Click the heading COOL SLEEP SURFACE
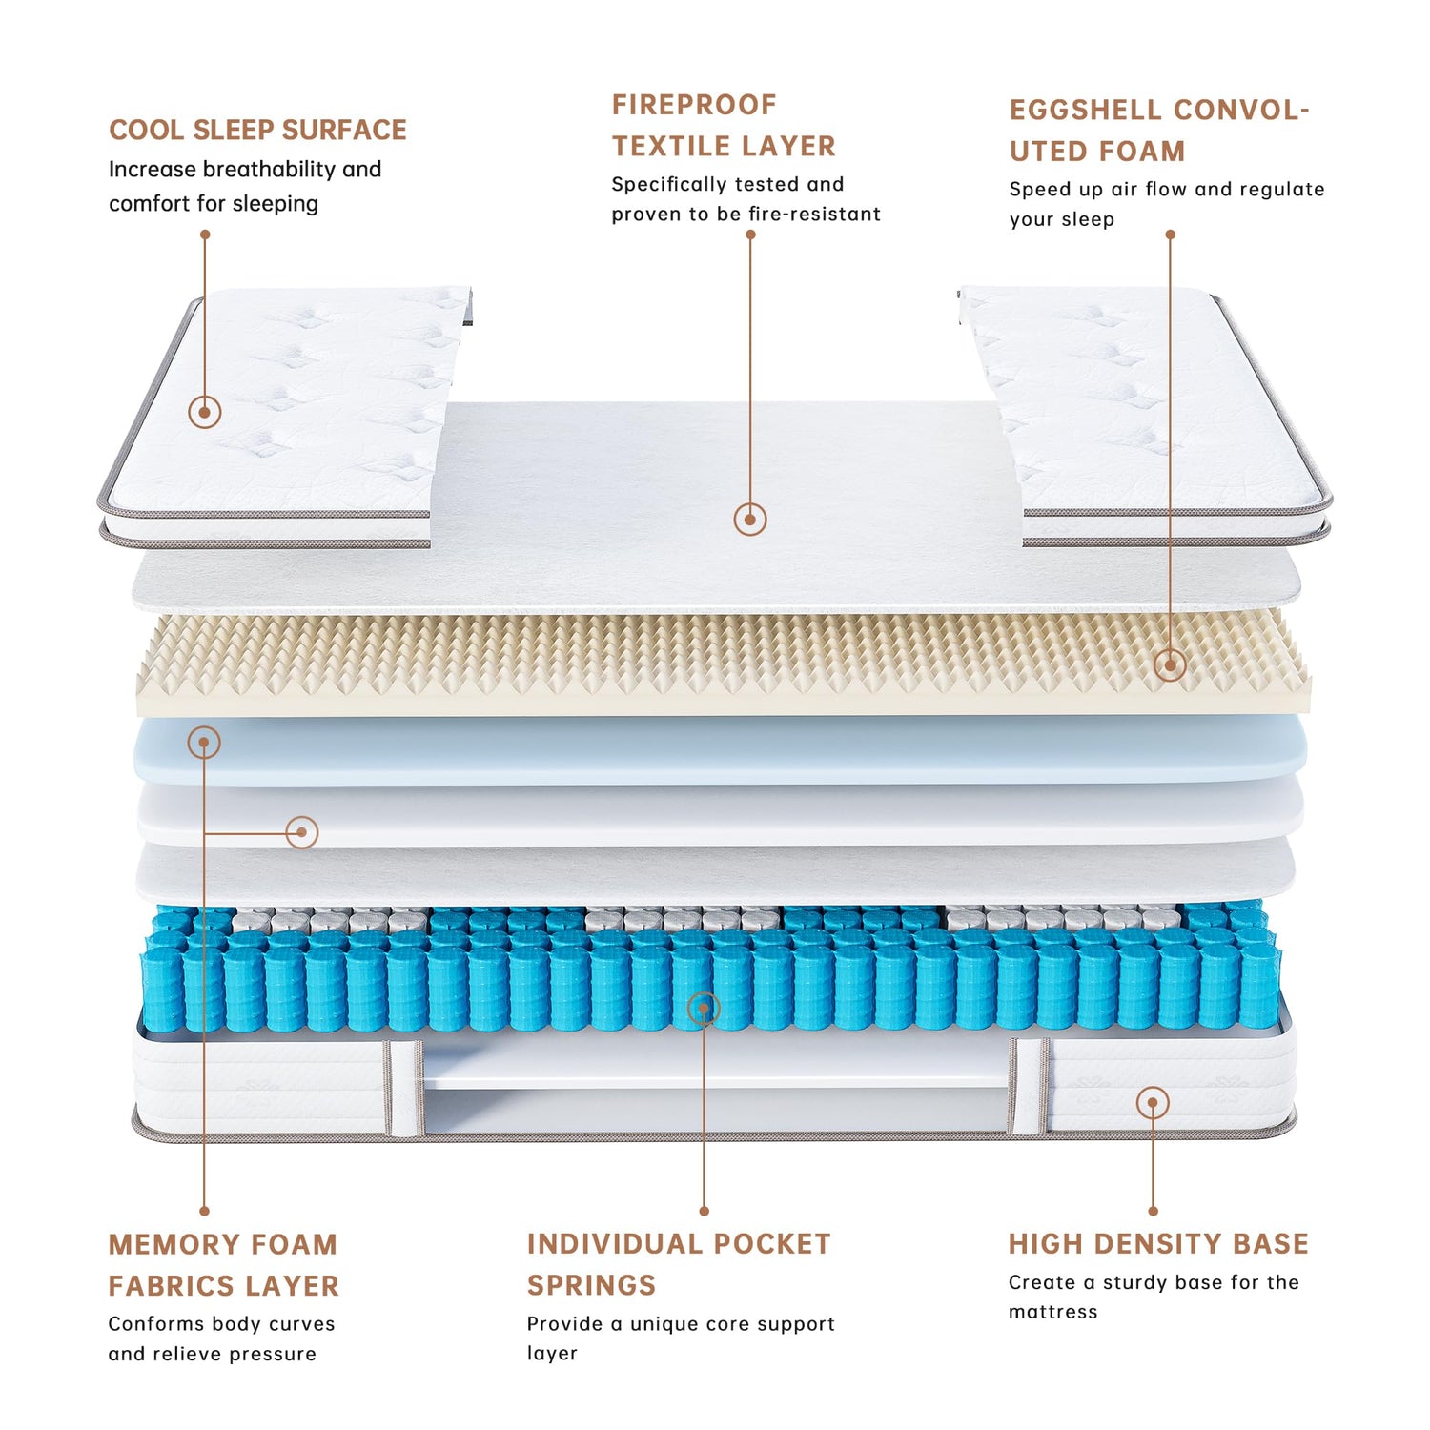[257, 130]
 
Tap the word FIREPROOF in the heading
[694, 105]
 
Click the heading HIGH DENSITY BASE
[1158, 1244]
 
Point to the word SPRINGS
[592, 1285]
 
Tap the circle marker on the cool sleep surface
[205, 412]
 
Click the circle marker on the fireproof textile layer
[750, 519]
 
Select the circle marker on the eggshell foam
[1170, 664]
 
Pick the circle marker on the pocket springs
[704, 1008]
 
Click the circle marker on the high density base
[1153, 1103]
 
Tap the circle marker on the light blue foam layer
[204, 742]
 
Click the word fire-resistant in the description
[814, 214]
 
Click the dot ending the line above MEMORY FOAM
[204, 1211]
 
